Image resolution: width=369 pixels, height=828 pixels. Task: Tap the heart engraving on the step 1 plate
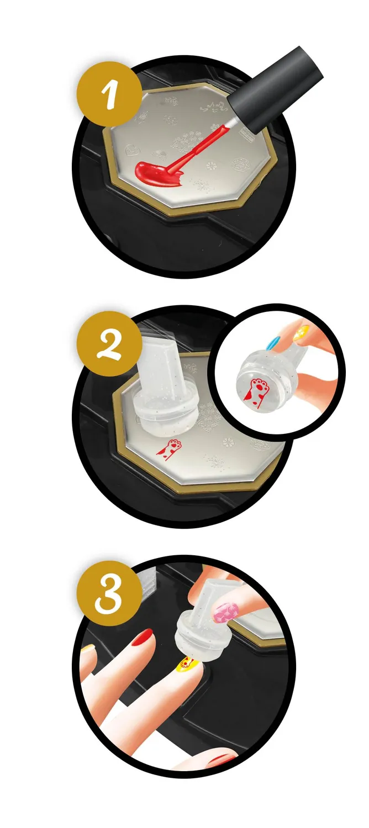point(132,150)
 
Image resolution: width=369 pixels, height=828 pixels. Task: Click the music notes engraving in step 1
point(213,108)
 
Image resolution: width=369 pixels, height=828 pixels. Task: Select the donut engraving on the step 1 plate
point(241,164)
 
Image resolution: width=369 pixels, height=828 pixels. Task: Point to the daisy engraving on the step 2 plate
point(228,442)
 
